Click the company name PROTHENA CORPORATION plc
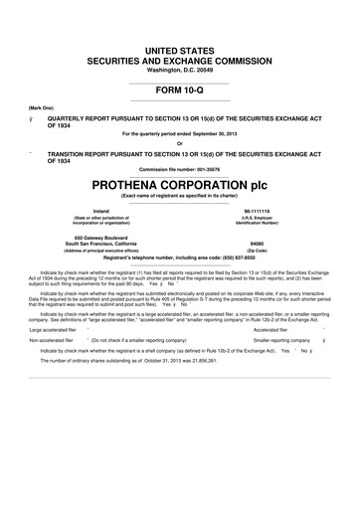[x=180, y=185]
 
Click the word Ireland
[x=100, y=212]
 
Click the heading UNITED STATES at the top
[x=180, y=49]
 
